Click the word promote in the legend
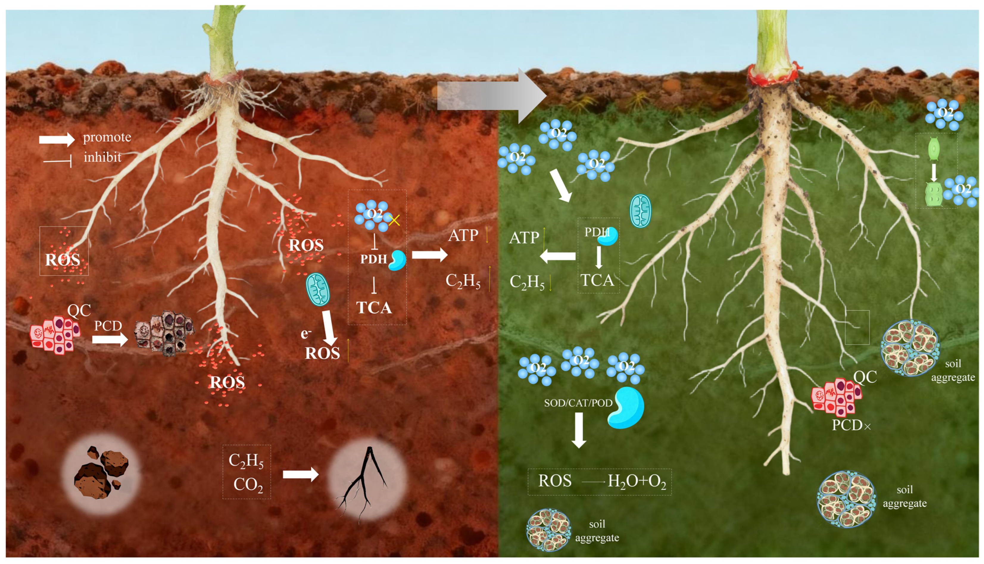coord(107,137)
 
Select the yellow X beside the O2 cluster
coord(394,220)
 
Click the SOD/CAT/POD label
coord(578,403)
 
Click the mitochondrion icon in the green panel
coord(640,211)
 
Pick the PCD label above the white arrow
coord(108,326)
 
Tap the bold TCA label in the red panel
coord(374,308)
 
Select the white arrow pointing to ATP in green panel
coord(558,256)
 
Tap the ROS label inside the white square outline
coord(63,260)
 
